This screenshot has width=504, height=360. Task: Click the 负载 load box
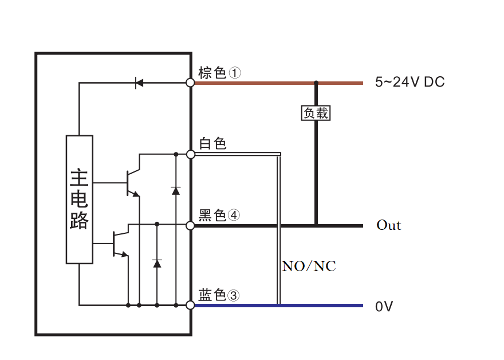[x=316, y=113]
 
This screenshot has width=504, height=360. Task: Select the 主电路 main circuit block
[x=80, y=199]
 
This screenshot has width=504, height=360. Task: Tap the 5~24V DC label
[x=409, y=82]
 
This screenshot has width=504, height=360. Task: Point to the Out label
[x=389, y=225]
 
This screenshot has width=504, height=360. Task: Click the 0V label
[x=384, y=307]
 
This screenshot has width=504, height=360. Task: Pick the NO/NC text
[x=309, y=266]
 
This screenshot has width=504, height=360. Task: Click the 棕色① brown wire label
[x=220, y=73]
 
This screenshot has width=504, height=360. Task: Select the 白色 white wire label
[x=212, y=143]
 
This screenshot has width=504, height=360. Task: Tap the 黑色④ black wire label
[x=219, y=215]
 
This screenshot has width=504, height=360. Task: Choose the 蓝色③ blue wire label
[x=219, y=295]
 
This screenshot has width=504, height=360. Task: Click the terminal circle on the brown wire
[x=191, y=83]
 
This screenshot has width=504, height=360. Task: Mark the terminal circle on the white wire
[x=191, y=154]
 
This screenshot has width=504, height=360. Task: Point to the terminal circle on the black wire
[x=191, y=225]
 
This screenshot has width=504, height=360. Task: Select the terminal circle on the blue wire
[x=191, y=306]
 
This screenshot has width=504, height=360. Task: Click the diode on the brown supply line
[x=139, y=83]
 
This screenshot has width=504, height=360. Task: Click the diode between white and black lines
[x=175, y=189]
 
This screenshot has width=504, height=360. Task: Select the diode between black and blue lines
[x=157, y=263]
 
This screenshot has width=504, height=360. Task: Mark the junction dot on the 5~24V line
[x=316, y=83]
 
